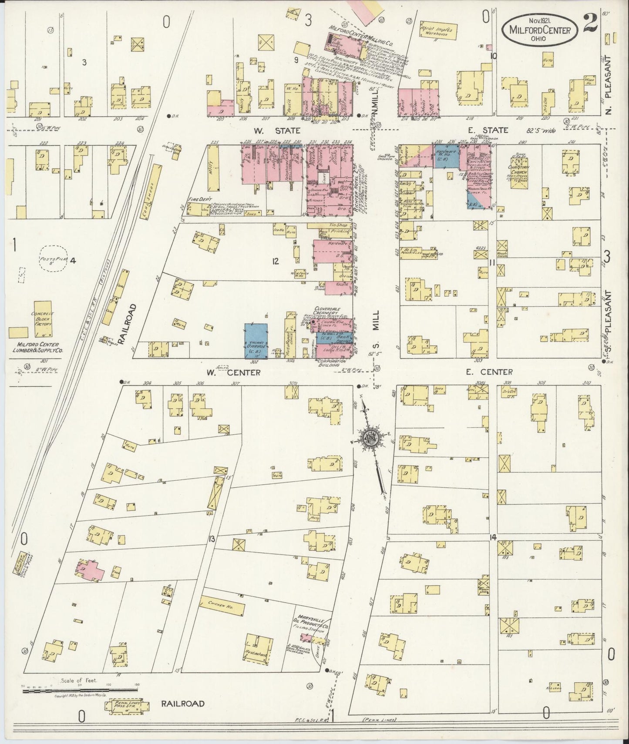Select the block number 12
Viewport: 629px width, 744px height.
click(x=275, y=261)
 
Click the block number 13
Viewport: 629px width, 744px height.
click(x=212, y=539)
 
